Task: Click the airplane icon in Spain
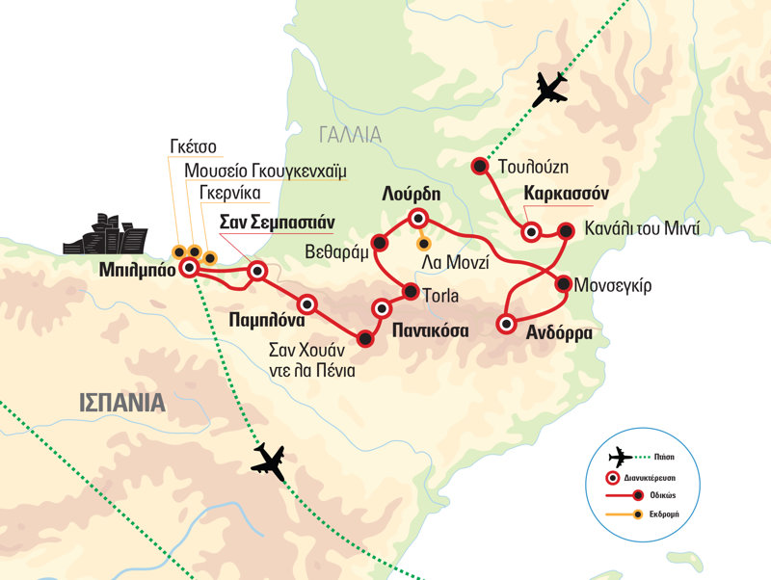pos(271,463)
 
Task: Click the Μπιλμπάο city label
pos(137,272)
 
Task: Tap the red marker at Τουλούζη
pos(478,166)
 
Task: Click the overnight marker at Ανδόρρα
pos(504,324)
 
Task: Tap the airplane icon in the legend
pos(621,458)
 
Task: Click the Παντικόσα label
pos(430,330)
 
